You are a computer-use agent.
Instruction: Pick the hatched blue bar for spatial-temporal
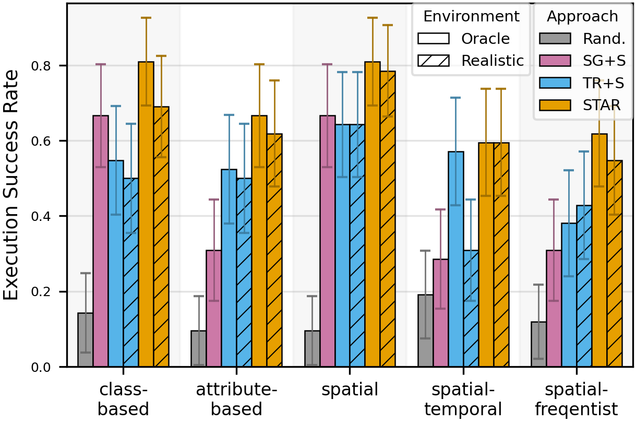coord(471,308)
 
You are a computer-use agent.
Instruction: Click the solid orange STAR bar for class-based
coord(146,214)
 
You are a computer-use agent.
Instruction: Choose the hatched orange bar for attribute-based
coord(274,250)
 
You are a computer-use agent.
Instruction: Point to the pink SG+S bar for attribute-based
coord(214,308)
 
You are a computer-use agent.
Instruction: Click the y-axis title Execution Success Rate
coord(11,185)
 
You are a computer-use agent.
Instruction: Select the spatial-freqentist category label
coord(577,400)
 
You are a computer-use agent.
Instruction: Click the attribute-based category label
coord(236,400)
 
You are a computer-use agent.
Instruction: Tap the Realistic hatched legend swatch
coord(434,61)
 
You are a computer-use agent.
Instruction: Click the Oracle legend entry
coord(485,39)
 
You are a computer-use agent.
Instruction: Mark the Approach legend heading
coord(582,16)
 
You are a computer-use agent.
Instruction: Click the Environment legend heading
coord(471,16)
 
